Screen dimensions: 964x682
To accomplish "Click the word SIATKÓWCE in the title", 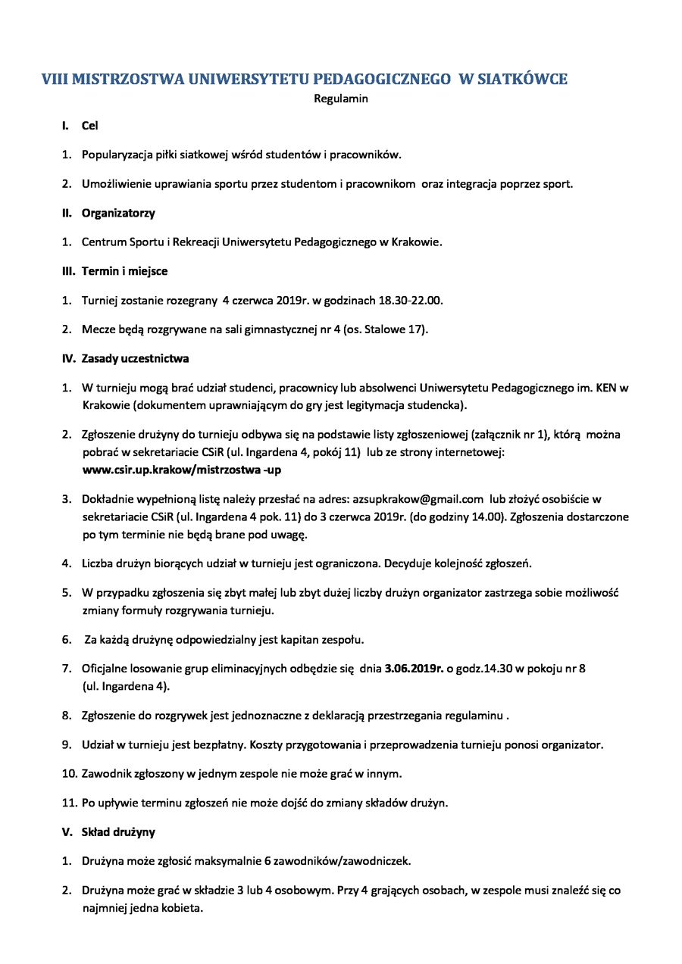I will (523, 80).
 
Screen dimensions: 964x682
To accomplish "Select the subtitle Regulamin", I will (341, 98).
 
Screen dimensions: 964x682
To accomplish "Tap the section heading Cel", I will (90, 126).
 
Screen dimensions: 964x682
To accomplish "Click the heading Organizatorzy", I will (118, 213).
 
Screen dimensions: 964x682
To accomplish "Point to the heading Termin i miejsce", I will (124, 271).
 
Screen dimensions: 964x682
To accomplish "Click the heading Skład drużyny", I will (118, 831).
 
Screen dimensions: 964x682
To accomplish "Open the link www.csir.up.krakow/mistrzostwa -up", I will (182, 470).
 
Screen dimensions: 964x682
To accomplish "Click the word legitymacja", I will (374, 405).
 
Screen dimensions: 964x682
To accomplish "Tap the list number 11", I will (68, 803).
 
